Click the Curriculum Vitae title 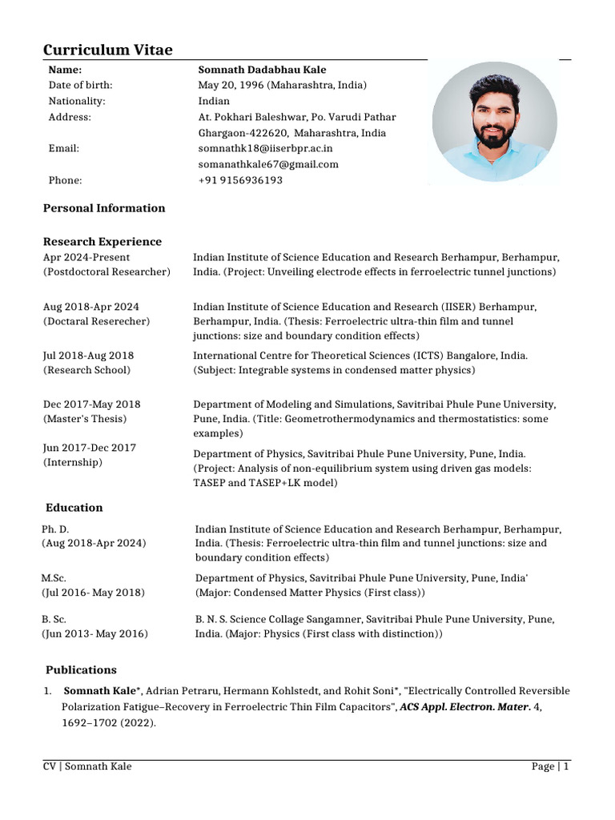point(107,50)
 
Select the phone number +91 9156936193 point(240,180)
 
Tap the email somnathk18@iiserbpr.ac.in point(265,148)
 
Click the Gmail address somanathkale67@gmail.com point(268,164)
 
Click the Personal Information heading point(104,208)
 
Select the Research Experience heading point(102,241)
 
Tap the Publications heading point(81,669)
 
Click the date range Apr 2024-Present point(86,257)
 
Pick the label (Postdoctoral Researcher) point(107,272)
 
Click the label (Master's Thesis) point(84,418)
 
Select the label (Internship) point(72,463)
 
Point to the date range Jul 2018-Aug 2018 point(88,355)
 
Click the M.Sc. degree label point(54,577)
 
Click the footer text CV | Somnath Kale point(87,766)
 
